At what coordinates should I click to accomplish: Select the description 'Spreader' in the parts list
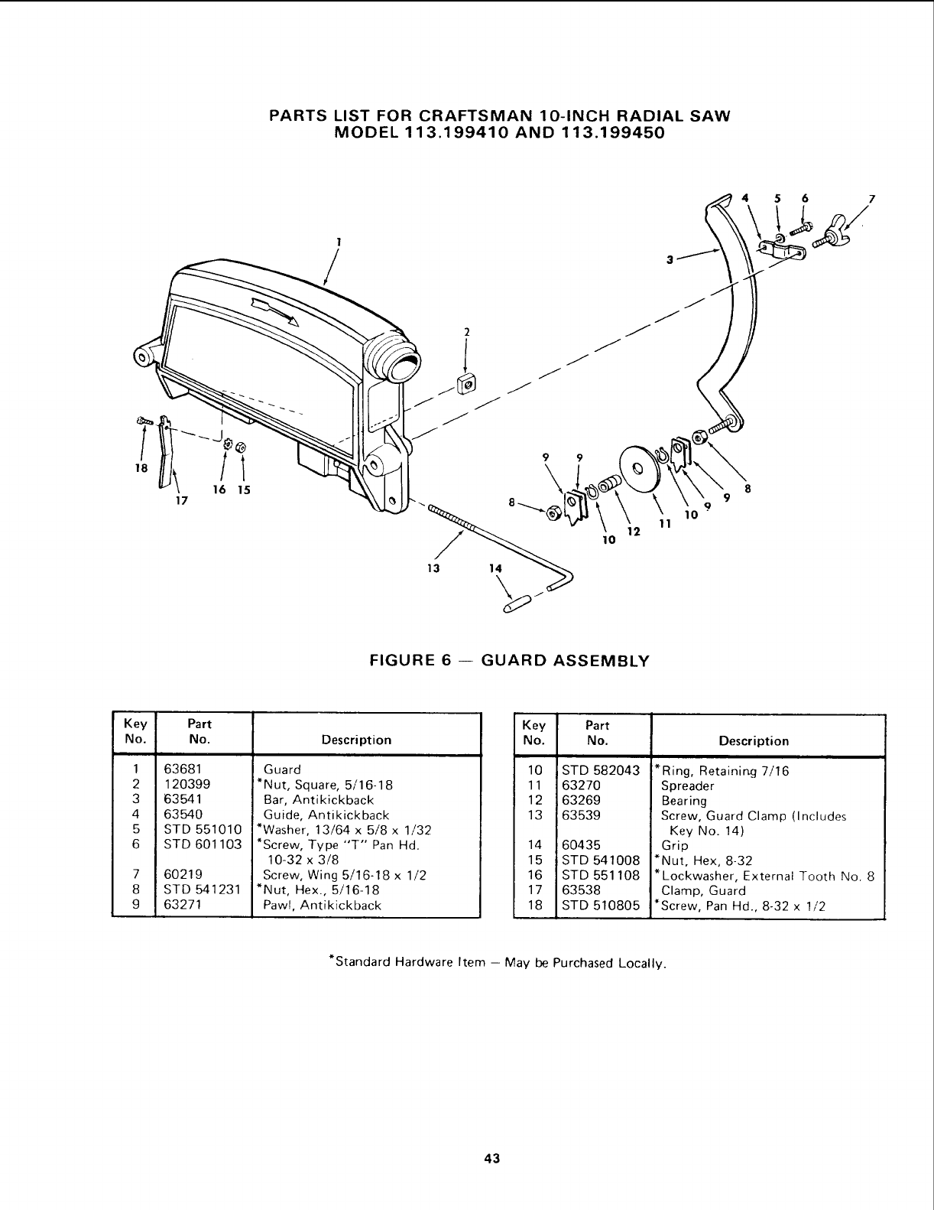click(687, 786)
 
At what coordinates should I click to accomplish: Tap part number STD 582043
click(600, 770)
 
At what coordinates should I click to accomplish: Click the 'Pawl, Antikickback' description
click(322, 906)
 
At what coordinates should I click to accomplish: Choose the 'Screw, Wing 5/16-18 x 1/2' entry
click(344, 875)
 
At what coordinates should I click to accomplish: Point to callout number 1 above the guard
click(337, 240)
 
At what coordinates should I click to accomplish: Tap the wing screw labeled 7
click(832, 234)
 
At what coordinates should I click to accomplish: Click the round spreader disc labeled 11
click(636, 466)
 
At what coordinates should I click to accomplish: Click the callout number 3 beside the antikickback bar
click(669, 259)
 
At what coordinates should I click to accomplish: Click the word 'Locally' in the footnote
click(644, 961)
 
